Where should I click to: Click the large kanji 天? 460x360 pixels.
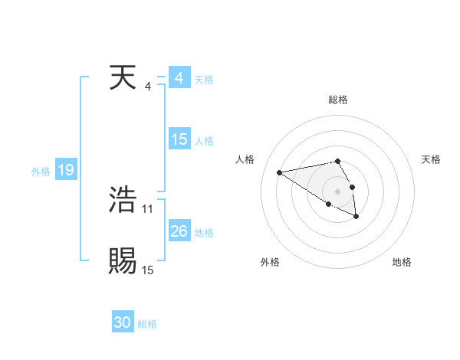tap(123, 78)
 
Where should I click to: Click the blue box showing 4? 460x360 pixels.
tap(179, 79)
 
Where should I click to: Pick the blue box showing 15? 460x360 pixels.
tap(179, 139)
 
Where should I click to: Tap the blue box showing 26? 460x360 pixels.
tap(179, 231)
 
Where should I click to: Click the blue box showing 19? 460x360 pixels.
tap(65, 170)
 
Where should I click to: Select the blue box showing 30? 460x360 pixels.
tap(123, 323)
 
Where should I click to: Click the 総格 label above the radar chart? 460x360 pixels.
tap(337, 100)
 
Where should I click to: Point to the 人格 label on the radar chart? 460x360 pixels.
tap(245, 159)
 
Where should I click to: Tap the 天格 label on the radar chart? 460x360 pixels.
tap(431, 159)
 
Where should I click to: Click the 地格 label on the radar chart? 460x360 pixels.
tap(402, 263)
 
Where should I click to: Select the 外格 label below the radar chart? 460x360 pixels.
tap(270, 263)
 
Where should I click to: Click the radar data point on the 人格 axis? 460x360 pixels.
tap(280, 172)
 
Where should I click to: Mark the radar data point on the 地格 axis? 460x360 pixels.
tap(356, 217)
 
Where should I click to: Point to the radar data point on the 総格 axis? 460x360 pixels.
tap(337, 161)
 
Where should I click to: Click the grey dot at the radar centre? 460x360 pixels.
tap(337, 191)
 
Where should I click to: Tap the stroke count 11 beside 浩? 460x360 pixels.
tap(147, 208)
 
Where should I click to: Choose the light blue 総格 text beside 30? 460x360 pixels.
tap(147, 325)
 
